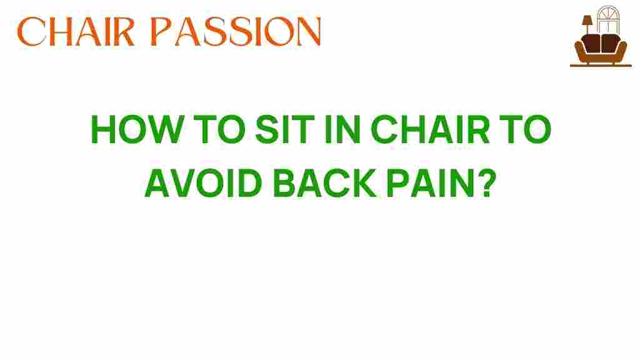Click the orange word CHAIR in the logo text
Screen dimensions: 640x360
(76, 32)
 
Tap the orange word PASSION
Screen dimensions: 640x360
(236, 32)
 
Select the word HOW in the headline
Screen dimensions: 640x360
(137, 129)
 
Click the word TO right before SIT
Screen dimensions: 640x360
(219, 129)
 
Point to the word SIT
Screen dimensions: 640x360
(285, 129)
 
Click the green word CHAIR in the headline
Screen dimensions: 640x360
(430, 129)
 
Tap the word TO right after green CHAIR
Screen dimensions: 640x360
(525, 129)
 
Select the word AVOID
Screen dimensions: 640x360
(203, 183)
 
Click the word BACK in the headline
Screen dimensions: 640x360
(324, 183)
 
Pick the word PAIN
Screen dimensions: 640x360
(427, 183)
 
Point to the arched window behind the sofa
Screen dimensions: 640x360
(608, 19)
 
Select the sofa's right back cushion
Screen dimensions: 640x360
(611, 43)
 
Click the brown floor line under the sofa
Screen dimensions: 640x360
(601, 65)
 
